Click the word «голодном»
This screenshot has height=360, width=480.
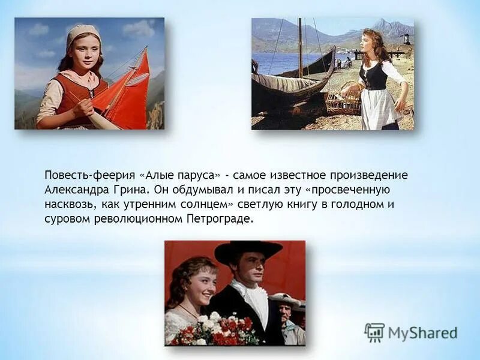pyautogui.click(x=357, y=204)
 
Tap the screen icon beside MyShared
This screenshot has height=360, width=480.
pyautogui.click(x=374, y=332)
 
